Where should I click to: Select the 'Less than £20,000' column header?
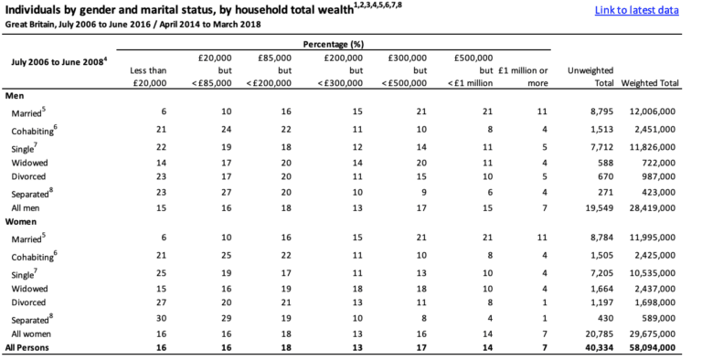149,77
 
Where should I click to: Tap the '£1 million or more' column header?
524,77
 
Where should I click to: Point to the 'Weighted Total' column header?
649,83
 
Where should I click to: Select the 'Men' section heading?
15,96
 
